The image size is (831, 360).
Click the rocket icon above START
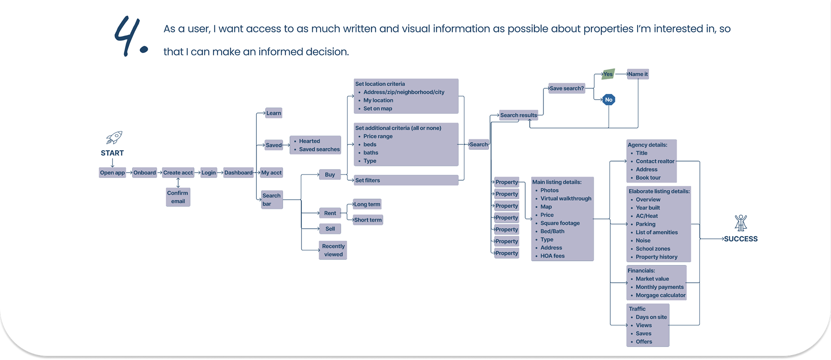[114, 138]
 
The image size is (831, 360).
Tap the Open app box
[113, 173]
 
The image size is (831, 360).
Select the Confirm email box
[178, 197]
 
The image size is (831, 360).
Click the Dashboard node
[238, 173]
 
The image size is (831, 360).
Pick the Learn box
[274, 113]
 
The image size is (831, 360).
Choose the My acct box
[271, 173]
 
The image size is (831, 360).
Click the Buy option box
[330, 174]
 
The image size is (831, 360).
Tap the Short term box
[368, 220]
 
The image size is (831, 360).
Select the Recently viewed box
[333, 250]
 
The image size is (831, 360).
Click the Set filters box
[406, 180]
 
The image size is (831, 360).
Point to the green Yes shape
[608, 74]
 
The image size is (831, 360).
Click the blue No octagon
[609, 100]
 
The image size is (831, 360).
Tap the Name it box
[638, 74]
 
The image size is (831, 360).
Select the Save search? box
[567, 88]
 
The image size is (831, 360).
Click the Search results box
[519, 115]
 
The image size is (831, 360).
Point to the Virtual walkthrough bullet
[566, 199]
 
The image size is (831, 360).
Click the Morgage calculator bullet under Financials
[660, 295]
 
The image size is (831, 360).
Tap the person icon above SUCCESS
[741, 223]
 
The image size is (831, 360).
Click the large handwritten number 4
[130, 37]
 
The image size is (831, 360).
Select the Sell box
[330, 229]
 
